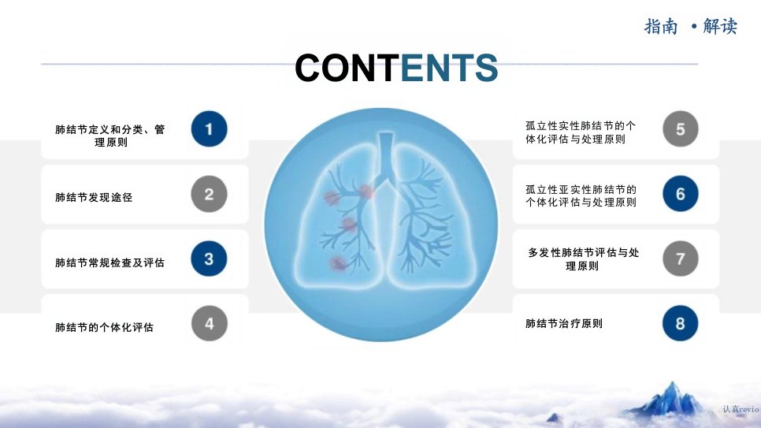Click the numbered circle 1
tap(210, 128)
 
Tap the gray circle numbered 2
tap(210, 194)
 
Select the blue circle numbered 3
tap(210, 259)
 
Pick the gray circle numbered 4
tap(210, 323)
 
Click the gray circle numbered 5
tap(681, 128)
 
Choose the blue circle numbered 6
tap(681, 193)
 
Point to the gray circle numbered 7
tap(681, 259)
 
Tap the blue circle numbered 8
tap(681, 323)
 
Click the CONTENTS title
tap(396, 68)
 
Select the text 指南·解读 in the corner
tap(691, 26)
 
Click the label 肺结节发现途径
tap(94, 197)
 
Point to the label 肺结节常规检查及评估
tap(110, 262)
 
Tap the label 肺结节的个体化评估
tap(104, 327)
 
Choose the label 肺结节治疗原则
tap(564, 323)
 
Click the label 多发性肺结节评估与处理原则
tap(584, 259)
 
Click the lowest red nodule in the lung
tap(337, 264)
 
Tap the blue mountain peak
tap(671, 398)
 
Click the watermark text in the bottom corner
tap(741, 410)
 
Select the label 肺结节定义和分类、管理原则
tap(110, 136)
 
